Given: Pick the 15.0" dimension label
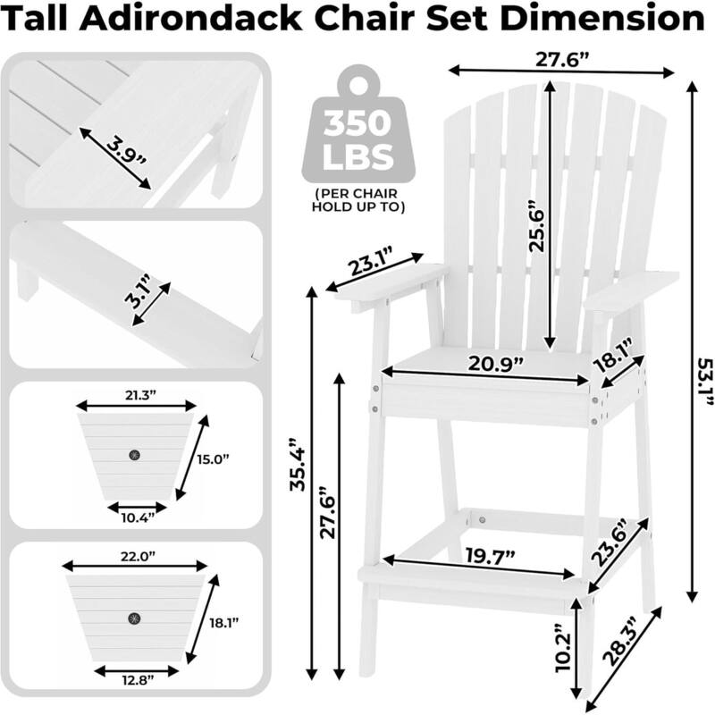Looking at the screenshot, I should click(x=214, y=459).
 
